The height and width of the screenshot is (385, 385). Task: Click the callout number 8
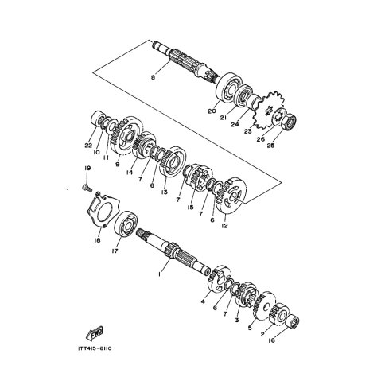pyautogui.click(x=153, y=78)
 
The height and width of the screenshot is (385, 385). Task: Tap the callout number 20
pyautogui.click(x=212, y=111)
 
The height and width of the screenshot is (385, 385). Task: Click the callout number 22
pyautogui.click(x=88, y=145)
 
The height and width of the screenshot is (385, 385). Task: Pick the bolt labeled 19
pyautogui.click(x=87, y=188)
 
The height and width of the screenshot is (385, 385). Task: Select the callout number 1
pyautogui.click(x=159, y=274)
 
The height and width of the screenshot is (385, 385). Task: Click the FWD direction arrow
pyautogui.click(x=95, y=333)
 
